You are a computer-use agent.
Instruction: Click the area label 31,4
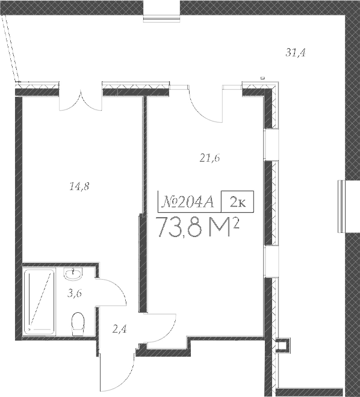click(296, 53)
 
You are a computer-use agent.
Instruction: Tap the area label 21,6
click(209, 158)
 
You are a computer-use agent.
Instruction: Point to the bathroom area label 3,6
click(74, 294)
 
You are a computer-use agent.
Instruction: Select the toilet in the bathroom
click(77, 325)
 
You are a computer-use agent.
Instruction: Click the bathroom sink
click(73, 275)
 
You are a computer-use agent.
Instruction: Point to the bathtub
click(40, 301)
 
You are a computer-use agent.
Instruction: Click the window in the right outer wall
click(341, 206)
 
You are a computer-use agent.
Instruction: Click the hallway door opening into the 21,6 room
click(160, 328)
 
